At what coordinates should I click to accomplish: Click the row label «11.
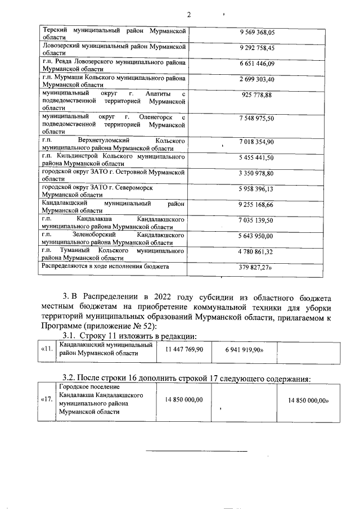pyautogui.click(x=48, y=349)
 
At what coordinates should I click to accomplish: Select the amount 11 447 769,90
pyautogui.click(x=184, y=349)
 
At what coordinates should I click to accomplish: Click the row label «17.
pyautogui.click(x=48, y=399)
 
